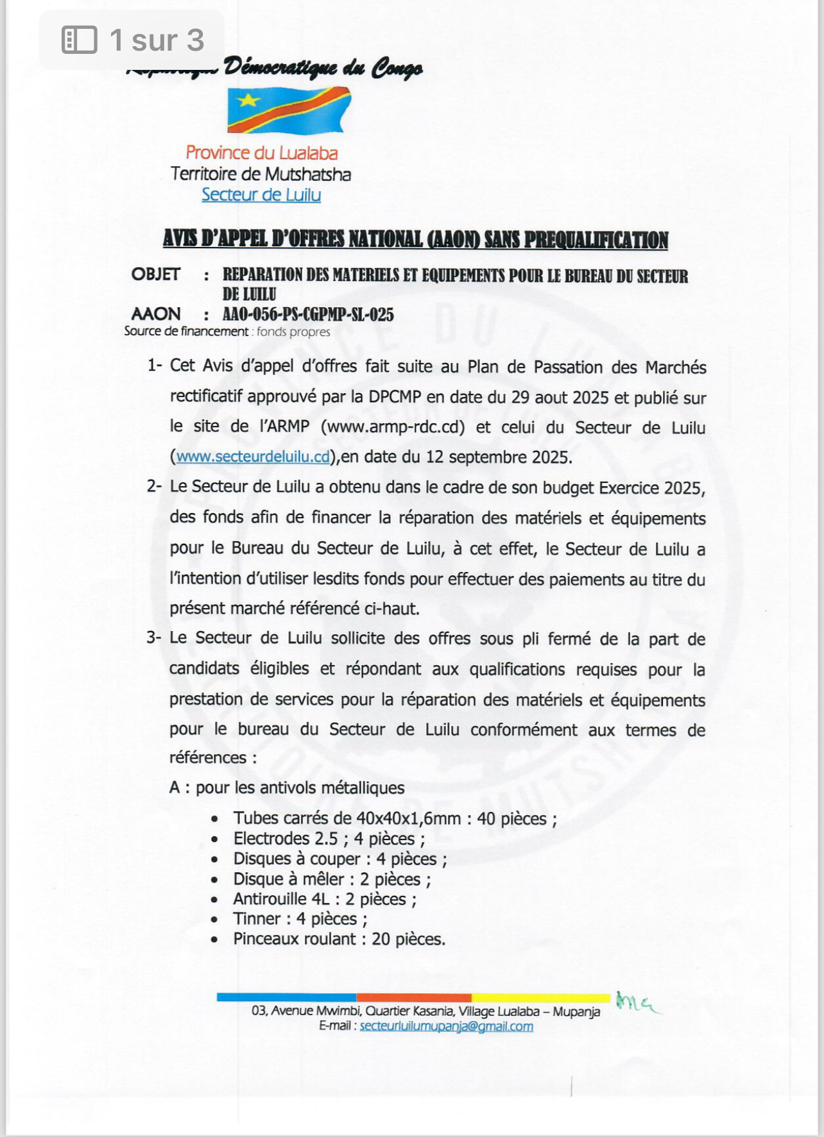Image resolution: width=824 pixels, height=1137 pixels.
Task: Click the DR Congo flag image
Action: tap(289, 110)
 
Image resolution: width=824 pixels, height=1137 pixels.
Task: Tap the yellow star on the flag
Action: tap(248, 100)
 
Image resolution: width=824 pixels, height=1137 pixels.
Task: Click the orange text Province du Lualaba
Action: tap(261, 153)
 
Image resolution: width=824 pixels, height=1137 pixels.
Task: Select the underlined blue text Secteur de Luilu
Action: tap(261, 194)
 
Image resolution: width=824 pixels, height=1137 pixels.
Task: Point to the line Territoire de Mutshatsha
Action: tap(261, 174)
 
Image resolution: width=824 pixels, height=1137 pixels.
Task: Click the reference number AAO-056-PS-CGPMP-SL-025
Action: tap(308, 314)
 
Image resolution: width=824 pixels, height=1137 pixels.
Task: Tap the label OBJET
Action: tap(156, 274)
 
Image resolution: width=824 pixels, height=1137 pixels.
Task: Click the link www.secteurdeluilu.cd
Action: tap(253, 457)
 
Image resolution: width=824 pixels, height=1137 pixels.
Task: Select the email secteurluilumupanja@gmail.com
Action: tap(446, 1026)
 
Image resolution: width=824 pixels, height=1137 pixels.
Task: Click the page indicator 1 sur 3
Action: tap(157, 40)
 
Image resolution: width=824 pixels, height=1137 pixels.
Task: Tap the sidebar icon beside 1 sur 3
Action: tap(79, 40)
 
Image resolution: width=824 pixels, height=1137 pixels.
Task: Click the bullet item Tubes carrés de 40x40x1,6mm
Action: tap(395, 818)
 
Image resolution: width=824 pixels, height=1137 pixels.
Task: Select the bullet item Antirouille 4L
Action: tap(324, 899)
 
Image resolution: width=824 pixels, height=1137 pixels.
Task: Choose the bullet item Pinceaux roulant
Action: tap(339, 939)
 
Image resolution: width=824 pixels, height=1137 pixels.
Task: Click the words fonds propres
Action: tap(293, 332)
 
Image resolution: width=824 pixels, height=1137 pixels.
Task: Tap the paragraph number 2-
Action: tap(154, 486)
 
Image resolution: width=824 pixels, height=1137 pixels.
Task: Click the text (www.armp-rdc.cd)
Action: tap(392, 426)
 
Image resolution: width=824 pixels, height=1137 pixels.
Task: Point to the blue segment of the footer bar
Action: tap(286, 997)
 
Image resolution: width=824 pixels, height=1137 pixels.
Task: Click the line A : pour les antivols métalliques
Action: tap(287, 787)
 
